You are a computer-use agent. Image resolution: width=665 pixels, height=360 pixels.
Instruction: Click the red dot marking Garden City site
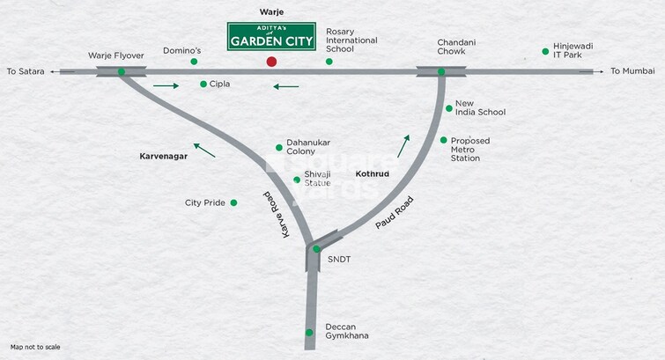tap(271, 62)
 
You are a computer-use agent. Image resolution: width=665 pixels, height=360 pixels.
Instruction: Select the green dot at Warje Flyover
tap(121, 72)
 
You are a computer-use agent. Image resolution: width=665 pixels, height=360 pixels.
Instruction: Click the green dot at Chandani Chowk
tap(442, 72)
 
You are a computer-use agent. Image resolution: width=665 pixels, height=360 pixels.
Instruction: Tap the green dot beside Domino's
tap(194, 62)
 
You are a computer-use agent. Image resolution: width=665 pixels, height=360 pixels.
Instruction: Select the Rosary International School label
tap(351, 40)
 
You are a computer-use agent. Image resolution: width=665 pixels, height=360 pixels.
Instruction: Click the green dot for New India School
tap(448, 108)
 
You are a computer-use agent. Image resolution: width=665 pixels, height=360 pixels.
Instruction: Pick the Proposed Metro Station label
tap(470, 149)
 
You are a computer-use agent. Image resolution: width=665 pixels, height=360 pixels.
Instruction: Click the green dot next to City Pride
tap(233, 202)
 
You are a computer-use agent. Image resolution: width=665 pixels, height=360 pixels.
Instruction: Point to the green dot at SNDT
tap(316, 249)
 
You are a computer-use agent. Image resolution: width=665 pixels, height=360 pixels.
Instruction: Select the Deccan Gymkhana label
tap(347, 331)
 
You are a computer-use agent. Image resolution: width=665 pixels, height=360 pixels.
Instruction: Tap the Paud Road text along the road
tap(393, 213)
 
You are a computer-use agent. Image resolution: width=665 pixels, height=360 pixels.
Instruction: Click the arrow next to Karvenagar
tap(204, 150)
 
